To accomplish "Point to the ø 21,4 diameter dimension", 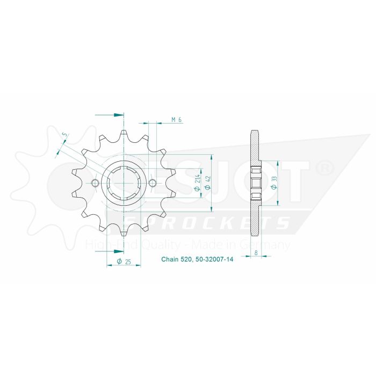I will (x=198, y=183).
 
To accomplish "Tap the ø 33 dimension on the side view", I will (x=275, y=183).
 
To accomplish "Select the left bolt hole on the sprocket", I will (x=96, y=184).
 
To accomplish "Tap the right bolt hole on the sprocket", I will (x=153, y=184).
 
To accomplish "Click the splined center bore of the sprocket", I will (x=124, y=184).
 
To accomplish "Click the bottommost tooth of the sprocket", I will (x=124, y=233).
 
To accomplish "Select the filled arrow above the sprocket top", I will (x=119, y=114).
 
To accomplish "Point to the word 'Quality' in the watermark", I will (x=159, y=245).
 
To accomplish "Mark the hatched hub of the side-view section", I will (x=256, y=184).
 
